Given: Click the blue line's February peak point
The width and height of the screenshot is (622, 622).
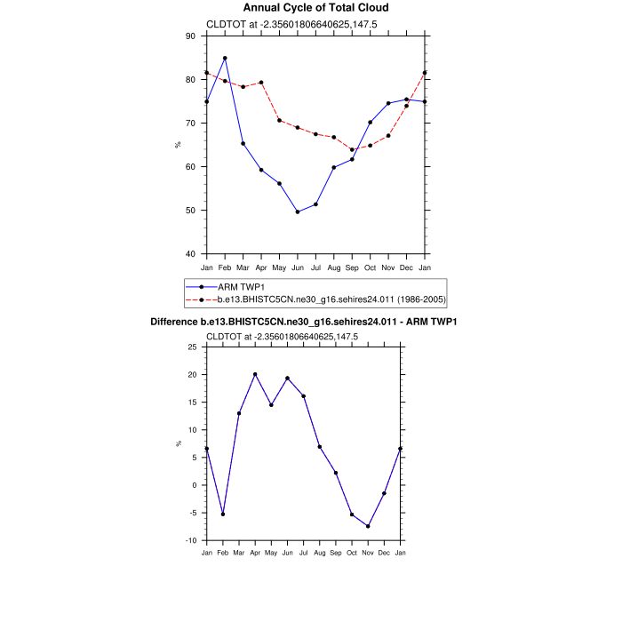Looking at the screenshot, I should coord(225,58).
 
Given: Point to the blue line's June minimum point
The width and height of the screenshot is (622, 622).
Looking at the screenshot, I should coord(298,211).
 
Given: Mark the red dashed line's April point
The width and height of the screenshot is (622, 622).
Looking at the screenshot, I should coord(261,83).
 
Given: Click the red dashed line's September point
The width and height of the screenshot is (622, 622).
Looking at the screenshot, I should coord(352,149).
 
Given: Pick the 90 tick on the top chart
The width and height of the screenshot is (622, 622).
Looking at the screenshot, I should coord(190,36).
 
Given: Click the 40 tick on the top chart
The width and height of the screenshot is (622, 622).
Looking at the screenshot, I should coord(190,254).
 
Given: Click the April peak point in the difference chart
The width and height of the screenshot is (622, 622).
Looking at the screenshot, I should coord(255,374).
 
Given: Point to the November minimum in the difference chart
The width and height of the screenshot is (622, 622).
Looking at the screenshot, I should coord(368,526).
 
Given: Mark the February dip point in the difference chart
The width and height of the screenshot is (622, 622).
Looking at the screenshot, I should coord(223,514).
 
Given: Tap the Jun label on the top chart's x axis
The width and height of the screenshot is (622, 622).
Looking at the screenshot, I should coord(298,267).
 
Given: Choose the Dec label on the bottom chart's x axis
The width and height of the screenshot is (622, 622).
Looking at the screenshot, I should coord(384,554).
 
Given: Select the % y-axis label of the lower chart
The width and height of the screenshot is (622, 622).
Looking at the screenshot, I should coord(178,443).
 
